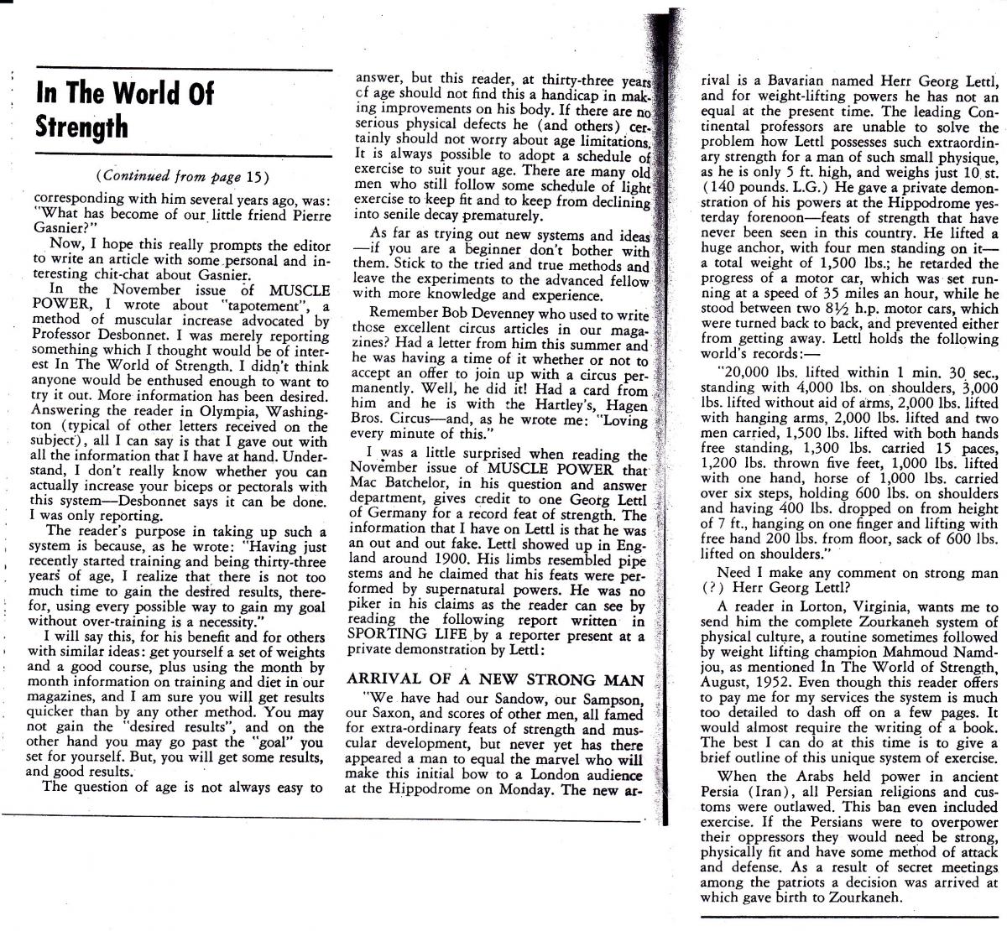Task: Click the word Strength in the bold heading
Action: [82, 127]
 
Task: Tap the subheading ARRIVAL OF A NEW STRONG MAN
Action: [495, 679]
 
